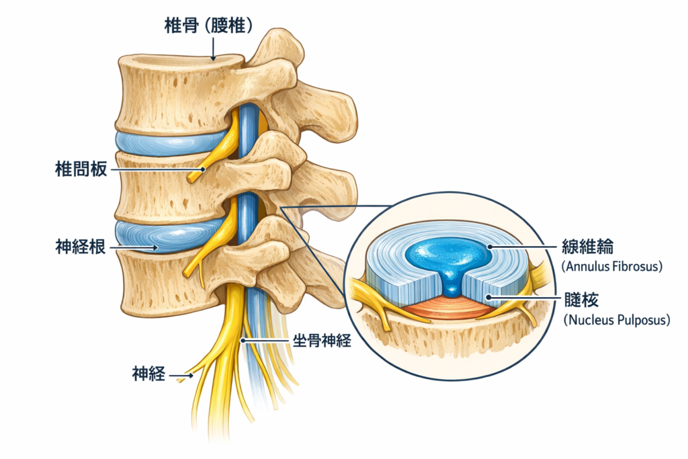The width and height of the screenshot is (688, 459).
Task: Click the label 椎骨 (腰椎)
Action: point(208,26)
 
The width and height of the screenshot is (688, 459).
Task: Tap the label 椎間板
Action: point(80,170)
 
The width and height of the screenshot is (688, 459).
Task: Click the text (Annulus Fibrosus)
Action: point(611,267)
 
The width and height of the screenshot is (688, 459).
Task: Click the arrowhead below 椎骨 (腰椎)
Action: point(213,58)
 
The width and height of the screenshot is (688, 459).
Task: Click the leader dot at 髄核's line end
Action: point(488,297)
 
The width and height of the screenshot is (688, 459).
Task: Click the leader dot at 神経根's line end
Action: point(157,247)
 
